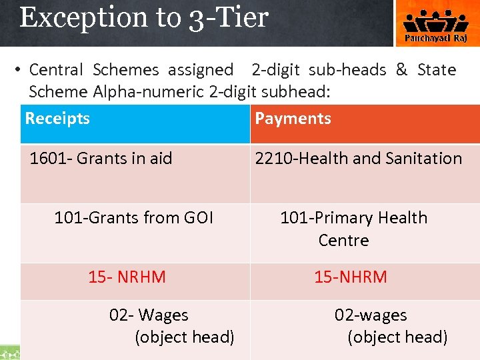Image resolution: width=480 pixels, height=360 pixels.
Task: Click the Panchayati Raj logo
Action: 437,24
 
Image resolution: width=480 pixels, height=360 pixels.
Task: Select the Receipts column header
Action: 57,119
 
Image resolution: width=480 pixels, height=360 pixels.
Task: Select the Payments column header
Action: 293,119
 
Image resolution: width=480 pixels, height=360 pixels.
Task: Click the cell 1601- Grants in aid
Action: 101,159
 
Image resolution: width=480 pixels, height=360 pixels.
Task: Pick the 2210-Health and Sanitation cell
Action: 358,159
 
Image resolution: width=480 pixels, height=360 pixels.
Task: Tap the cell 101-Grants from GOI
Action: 133,218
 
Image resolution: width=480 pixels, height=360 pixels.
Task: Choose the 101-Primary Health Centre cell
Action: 353,229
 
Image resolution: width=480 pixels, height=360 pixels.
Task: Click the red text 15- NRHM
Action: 127,277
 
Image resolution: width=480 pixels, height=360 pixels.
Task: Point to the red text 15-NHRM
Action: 351,277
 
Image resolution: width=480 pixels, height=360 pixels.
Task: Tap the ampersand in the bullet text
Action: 401,70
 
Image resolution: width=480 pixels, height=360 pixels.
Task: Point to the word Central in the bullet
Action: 56,70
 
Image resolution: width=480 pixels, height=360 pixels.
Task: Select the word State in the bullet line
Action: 437,70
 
